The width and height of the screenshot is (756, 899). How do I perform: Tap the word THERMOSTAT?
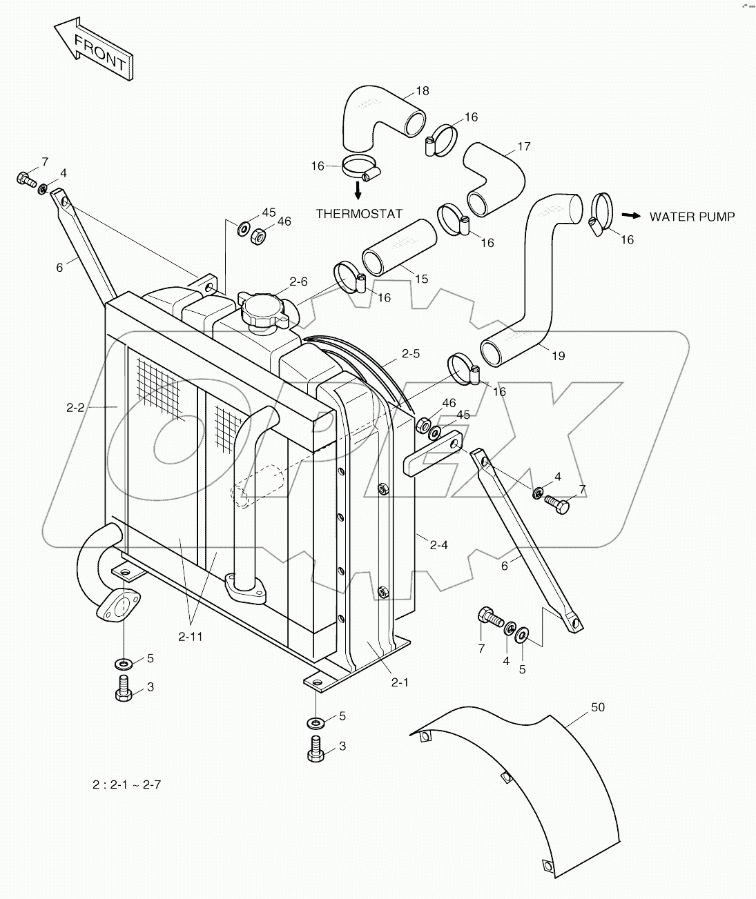[x=359, y=214]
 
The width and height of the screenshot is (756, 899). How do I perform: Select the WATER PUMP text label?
[x=692, y=217]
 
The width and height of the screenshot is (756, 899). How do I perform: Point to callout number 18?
[x=422, y=90]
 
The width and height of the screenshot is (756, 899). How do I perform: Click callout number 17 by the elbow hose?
[x=523, y=146]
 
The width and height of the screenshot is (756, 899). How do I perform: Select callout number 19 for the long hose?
[x=558, y=356]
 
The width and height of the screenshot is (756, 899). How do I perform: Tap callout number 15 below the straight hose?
[x=421, y=279]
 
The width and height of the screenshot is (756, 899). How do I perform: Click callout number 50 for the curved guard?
[x=597, y=707]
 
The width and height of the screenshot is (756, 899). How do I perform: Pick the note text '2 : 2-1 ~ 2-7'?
[x=127, y=784]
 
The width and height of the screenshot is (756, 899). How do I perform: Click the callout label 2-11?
[x=191, y=637]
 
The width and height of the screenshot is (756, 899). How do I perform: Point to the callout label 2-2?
[x=75, y=408]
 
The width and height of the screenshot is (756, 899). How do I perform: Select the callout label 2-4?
[x=439, y=545]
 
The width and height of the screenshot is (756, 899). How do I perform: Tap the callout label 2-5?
[x=410, y=354]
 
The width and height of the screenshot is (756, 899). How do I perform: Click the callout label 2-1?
[x=400, y=682]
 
